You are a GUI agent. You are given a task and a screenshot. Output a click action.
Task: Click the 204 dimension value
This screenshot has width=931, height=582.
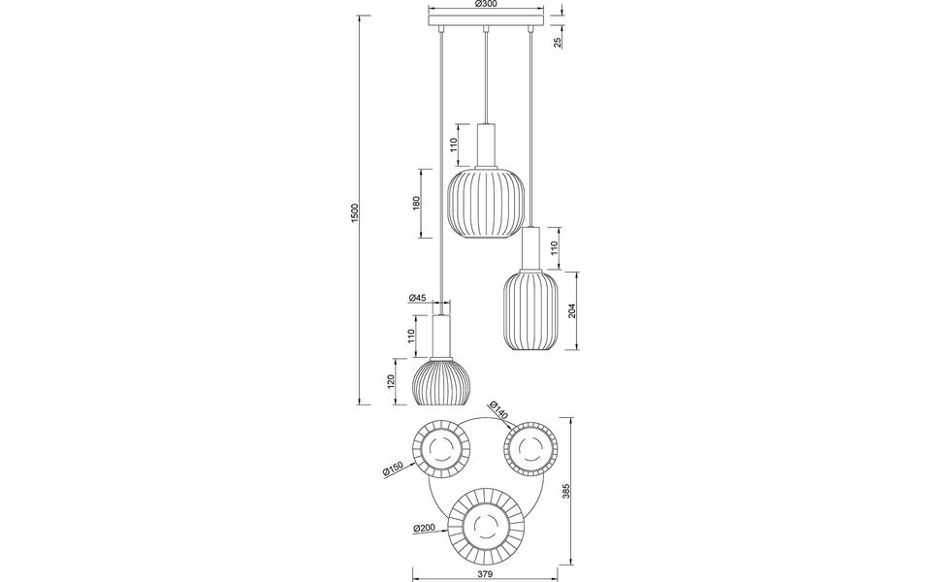coord(573,311)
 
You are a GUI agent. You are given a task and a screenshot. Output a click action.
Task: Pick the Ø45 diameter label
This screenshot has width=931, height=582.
coord(418,298)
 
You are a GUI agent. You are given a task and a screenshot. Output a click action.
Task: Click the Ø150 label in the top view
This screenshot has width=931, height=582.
coord(393,470)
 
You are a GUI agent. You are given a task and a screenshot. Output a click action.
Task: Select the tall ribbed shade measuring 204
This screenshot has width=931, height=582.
coord(530,310)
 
